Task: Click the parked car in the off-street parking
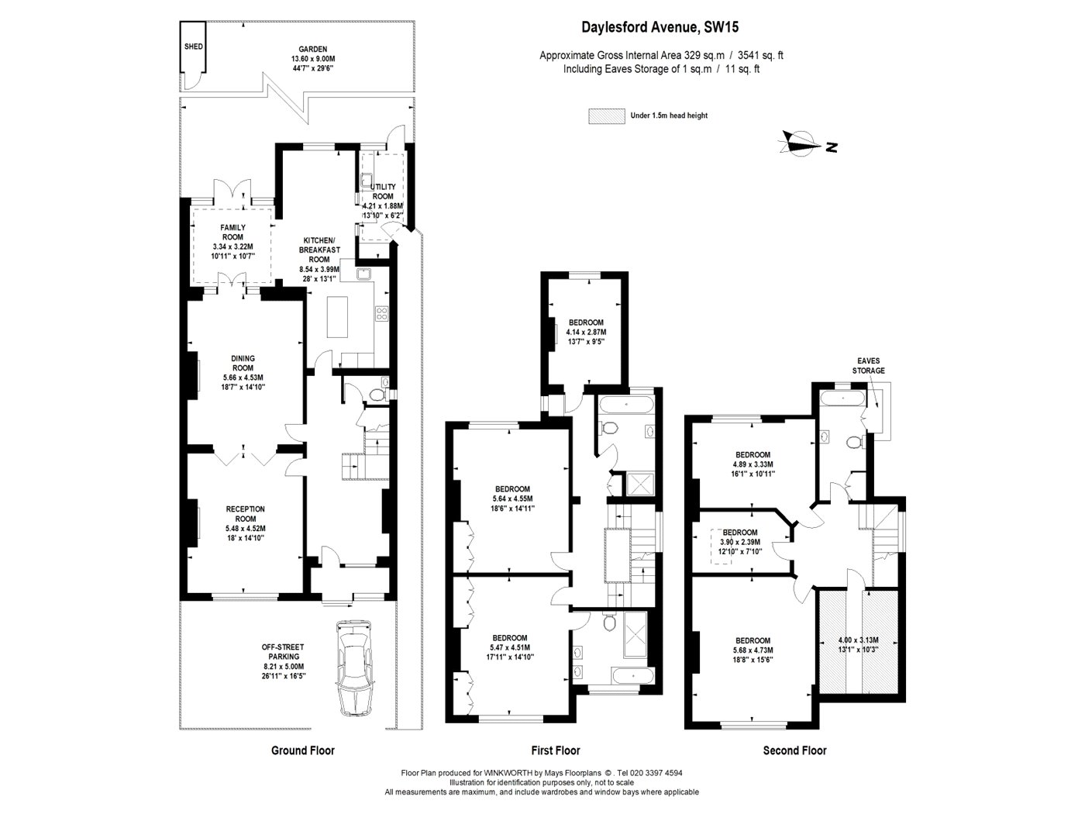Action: tap(354, 667)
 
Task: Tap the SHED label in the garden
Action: tap(193, 47)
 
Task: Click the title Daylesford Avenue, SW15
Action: tap(660, 26)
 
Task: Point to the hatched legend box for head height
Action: tap(606, 116)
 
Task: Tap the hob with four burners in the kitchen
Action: tap(382, 314)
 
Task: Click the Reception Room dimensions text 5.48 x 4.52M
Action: tap(245, 529)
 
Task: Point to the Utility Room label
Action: tap(383, 191)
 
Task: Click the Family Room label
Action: tap(232, 233)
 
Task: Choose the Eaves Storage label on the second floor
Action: tap(869, 366)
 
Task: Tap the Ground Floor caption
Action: tap(303, 750)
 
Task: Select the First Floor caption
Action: tap(556, 750)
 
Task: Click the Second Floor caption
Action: tap(795, 750)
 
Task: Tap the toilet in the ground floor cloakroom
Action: tap(378, 395)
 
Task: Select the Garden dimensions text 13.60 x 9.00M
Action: tap(313, 59)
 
